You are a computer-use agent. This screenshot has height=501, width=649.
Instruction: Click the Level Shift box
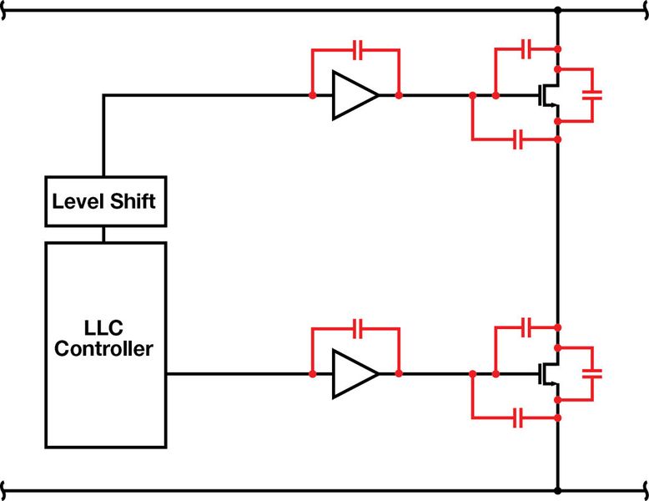(103, 201)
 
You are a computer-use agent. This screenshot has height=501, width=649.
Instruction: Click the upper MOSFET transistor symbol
(547, 95)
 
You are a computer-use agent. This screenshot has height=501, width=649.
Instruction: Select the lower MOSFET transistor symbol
(547, 373)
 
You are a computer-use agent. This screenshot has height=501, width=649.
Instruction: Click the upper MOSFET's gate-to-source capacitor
(517, 139)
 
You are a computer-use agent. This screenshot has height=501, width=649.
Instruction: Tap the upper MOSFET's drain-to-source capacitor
(593, 95)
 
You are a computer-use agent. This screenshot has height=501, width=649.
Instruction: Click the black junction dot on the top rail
(557, 11)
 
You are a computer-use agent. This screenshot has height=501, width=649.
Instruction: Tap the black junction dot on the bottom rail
(557, 486)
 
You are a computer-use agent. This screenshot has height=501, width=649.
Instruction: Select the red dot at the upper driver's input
(311, 95)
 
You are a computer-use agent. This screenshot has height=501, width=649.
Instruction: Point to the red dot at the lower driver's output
(399, 373)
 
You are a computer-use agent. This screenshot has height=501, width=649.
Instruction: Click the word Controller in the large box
(103, 349)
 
